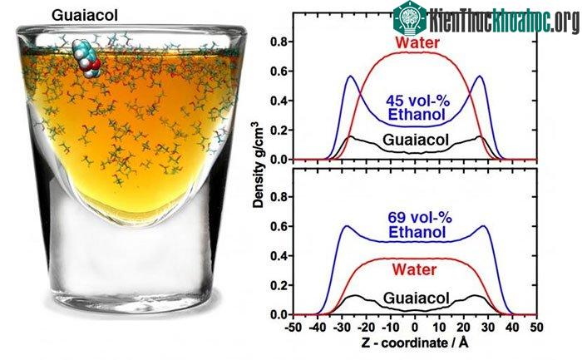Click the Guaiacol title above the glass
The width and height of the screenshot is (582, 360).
[x=85, y=16]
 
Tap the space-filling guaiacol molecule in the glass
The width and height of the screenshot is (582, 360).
[x=88, y=59]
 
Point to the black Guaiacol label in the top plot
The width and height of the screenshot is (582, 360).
[x=416, y=140]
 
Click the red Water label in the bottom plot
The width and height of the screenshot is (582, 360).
[x=414, y=270]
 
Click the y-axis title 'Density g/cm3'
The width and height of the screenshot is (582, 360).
[x=258, y=166]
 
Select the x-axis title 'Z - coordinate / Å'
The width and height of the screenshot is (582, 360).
[x=415, y=343]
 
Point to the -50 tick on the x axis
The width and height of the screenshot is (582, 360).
[x=293, y=328]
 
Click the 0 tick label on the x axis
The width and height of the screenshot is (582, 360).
[x=415, y=328]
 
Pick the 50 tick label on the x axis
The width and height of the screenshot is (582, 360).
[x=537, y=328]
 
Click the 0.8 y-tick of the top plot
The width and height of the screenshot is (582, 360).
[x=279, y=42]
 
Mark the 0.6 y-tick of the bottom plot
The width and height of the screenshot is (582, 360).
[x=279, y=226]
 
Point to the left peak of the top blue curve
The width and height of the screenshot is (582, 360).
[x=351, y=76]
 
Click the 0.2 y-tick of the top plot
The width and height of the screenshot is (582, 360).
[x=279, y=131]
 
